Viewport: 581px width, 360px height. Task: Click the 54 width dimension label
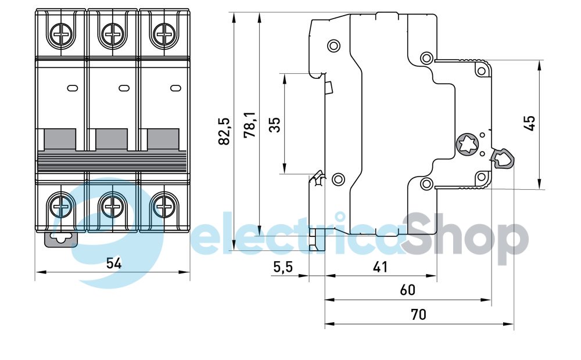114,263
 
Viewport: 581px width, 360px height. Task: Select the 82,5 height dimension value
225,131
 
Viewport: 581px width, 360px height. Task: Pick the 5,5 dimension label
282,268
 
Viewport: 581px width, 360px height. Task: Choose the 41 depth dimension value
381,268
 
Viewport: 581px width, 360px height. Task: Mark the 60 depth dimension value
407,290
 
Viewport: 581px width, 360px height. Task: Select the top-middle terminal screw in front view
113,35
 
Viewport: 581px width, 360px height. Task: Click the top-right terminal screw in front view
164,35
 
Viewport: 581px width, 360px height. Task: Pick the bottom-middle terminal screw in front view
113,204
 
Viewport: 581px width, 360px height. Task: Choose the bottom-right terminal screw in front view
164,204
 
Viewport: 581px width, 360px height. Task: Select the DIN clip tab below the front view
60,238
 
